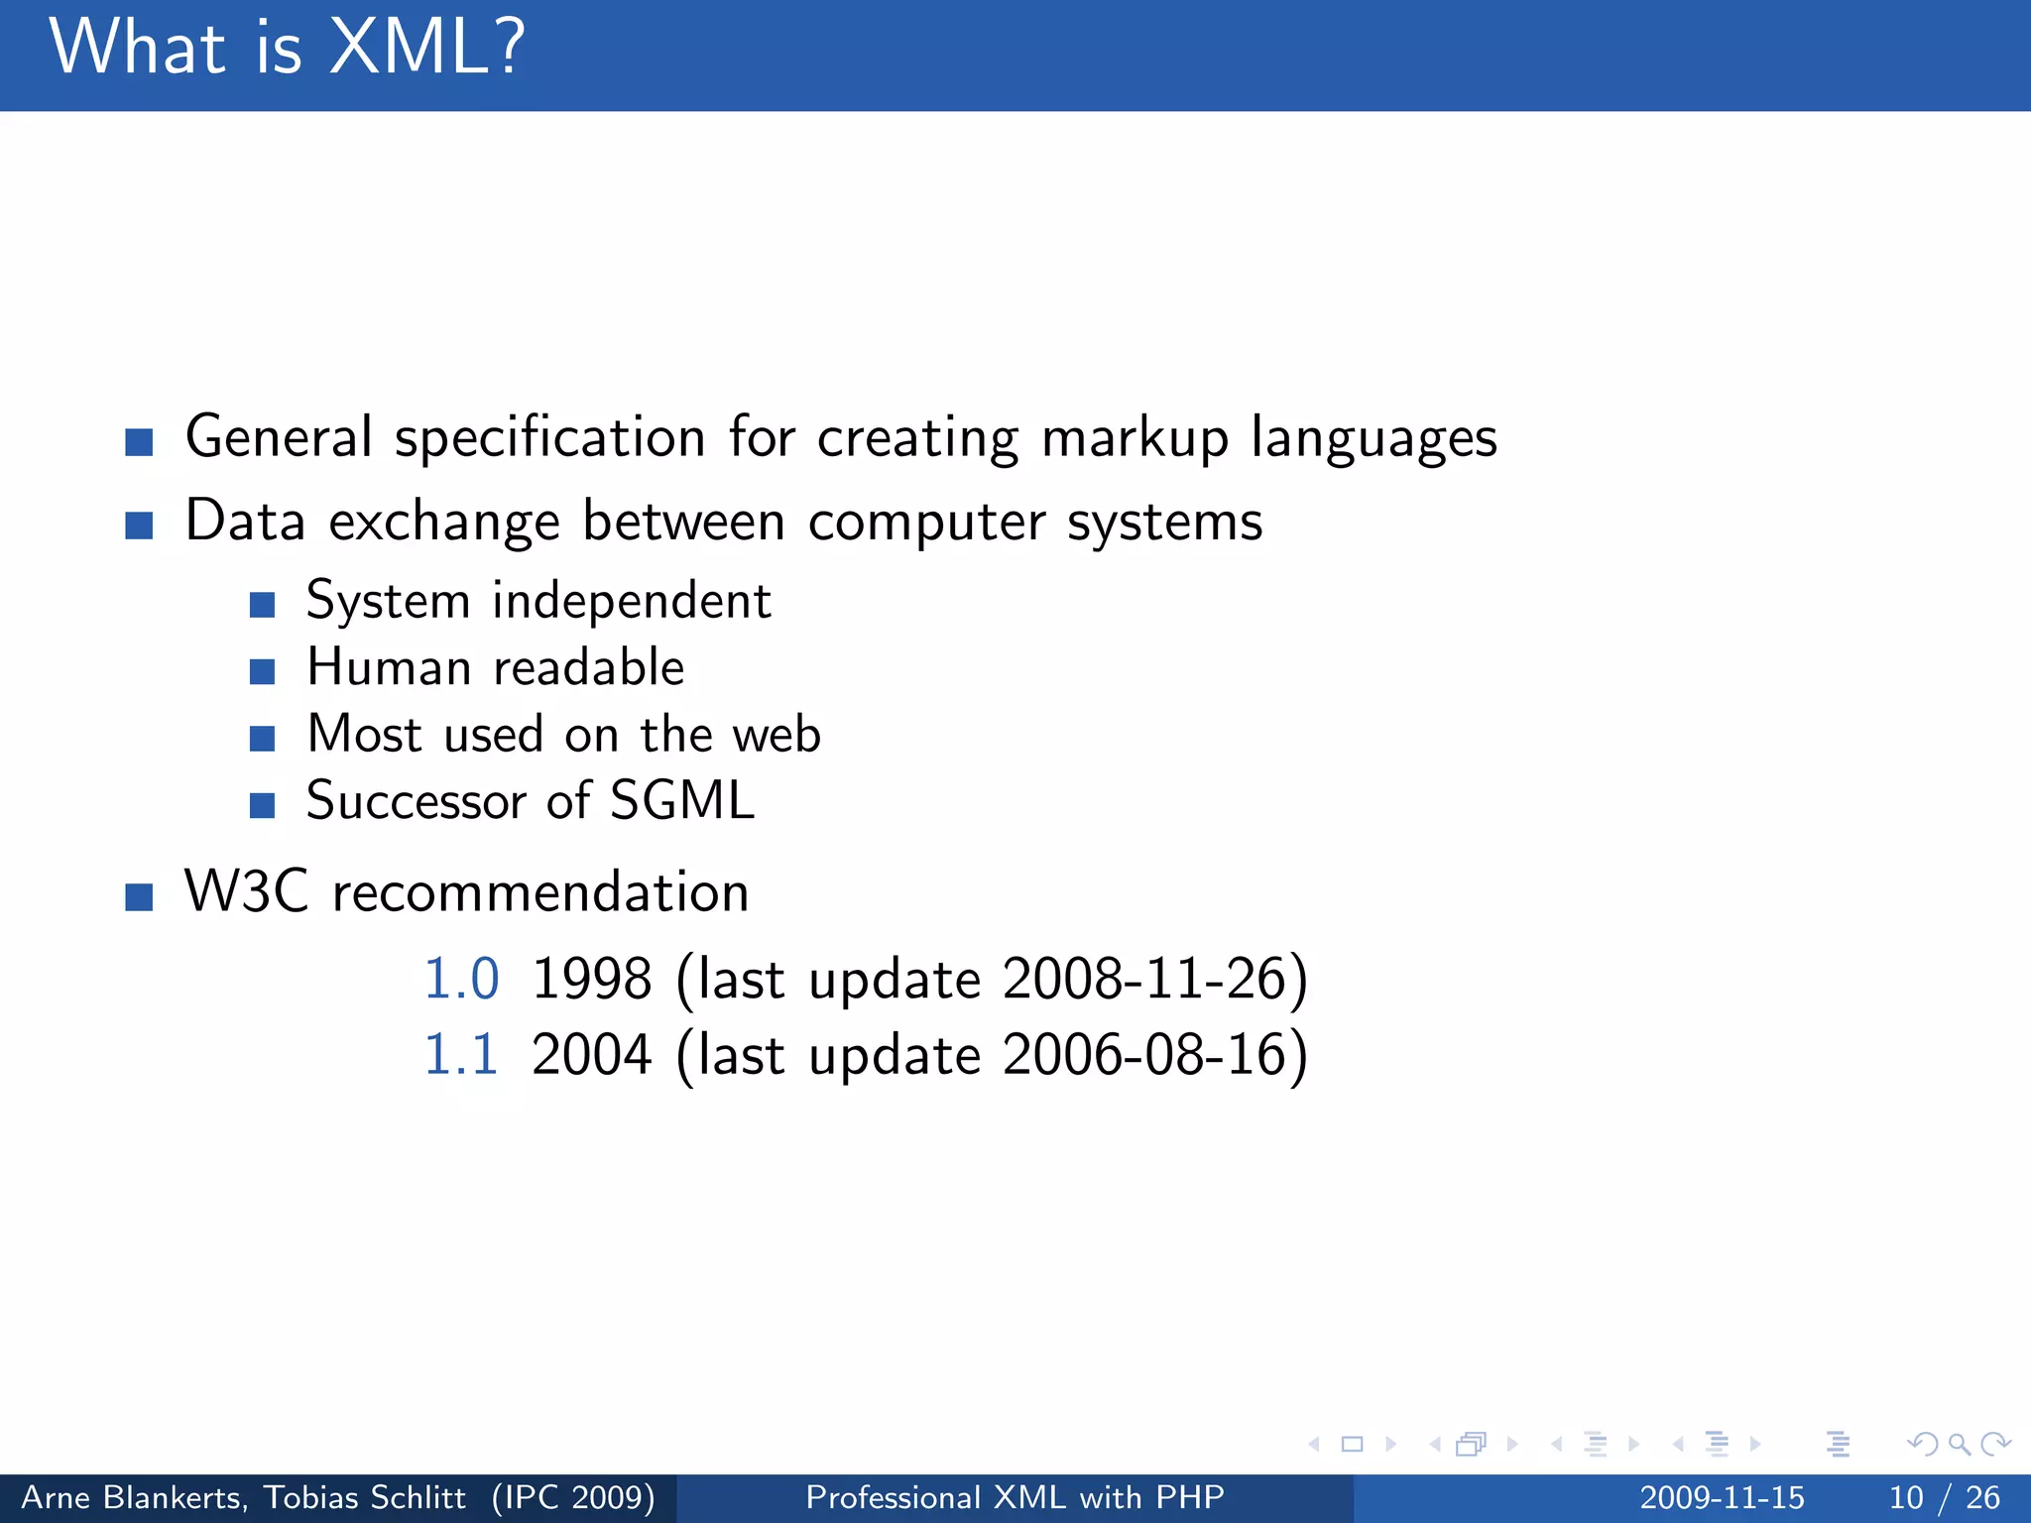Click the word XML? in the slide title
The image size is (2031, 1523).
[x=426, y=48]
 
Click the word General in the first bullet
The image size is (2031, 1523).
[x=279, y=437]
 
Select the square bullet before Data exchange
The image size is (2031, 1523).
[x=139, y=525]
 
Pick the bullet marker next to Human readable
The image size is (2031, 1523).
[x=262, y=672]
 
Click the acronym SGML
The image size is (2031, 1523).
[x=682, y=801]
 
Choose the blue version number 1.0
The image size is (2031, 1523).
[x=461, y=979]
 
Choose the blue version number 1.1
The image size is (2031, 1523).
[x=461, y=1054]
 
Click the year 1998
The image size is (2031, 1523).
[x=591, y=979]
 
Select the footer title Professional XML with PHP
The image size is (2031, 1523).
[x=1015, y=1497]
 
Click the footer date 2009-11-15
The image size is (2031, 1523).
[x=1722, y=1497]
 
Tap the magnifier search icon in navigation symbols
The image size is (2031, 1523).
[x=1959, y=1445]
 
